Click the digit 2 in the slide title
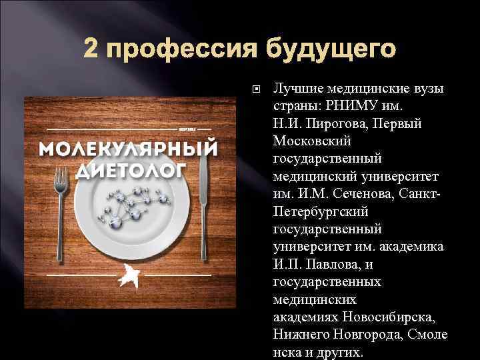point(91,49)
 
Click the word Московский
point(311,141)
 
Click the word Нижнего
point(299,333)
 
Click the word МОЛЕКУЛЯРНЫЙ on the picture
point(130,147)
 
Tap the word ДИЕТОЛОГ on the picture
point(131,170)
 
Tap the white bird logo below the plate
point(128,275)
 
